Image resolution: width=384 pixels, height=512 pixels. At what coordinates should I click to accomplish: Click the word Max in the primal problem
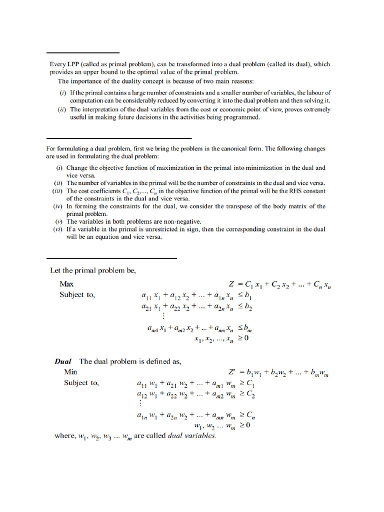(66, 284)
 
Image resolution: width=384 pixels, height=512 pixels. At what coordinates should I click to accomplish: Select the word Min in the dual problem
(70, 372)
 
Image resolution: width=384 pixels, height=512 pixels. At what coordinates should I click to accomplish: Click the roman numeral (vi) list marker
(57, 229)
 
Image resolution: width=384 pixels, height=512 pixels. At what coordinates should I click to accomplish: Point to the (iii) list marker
(57, 191)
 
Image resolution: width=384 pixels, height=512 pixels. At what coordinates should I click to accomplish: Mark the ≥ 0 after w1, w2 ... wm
(244, 426)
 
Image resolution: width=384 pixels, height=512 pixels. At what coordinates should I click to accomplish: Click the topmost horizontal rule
(83, 52)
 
